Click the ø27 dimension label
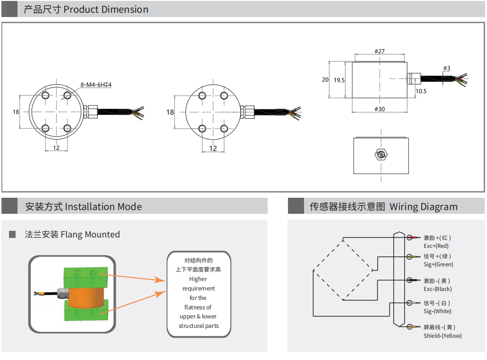[x=379, y=51]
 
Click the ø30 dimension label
[x=379, y=109]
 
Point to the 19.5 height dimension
[x=339, y=80]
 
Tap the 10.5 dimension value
[x=421, y=91]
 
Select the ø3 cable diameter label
[x=447, y=68]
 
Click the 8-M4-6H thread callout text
[x=98, y=85]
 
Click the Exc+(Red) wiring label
[x=436, y=246]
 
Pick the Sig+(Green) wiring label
[x=438, y=264]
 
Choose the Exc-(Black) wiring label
[x=437, y=289]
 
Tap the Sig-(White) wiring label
[x=437, y=311]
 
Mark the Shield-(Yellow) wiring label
[x=443, y=336]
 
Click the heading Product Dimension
[x=105, y=9]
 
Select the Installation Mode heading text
[x=103, y=207]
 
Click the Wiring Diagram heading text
[x=423, y=207]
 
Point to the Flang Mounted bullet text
[x=90, y=234]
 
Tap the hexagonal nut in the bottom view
[x=381, y=155]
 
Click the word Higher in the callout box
[x=198, y=279]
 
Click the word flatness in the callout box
[x=198, y=307]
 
